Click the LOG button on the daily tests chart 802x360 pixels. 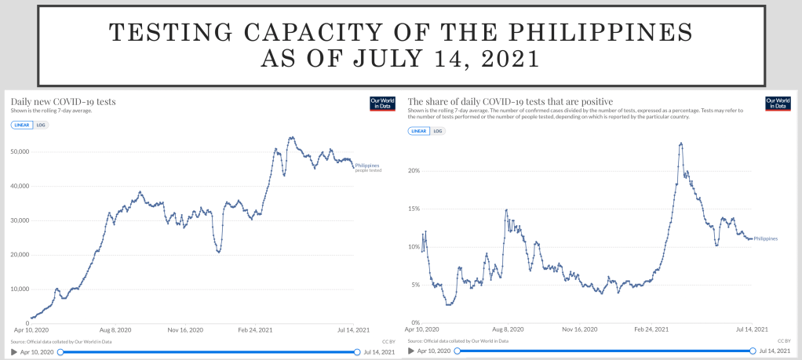42,125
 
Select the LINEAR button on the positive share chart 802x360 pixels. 418,130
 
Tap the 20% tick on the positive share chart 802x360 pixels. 415,170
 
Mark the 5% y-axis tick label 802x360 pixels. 417,285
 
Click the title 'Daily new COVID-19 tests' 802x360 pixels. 63,101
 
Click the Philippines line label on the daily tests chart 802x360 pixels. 367,165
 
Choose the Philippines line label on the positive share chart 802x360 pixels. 765,238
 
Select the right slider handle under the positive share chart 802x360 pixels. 753,351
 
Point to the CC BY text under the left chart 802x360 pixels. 387,342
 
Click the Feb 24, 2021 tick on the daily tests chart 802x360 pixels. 255,330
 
